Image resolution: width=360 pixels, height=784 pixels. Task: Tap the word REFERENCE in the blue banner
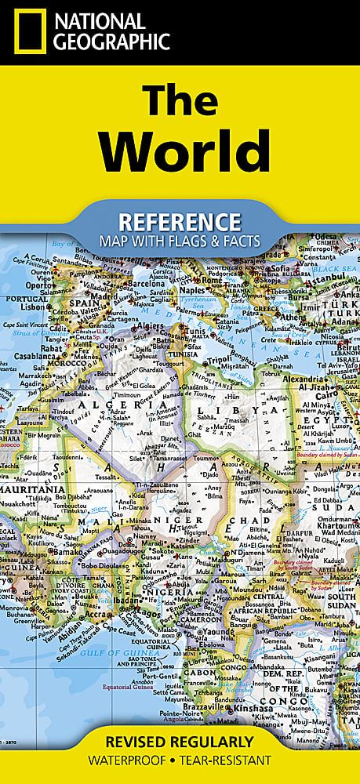pos(180,220)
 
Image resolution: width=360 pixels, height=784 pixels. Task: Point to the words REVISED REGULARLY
pos(180,742)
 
